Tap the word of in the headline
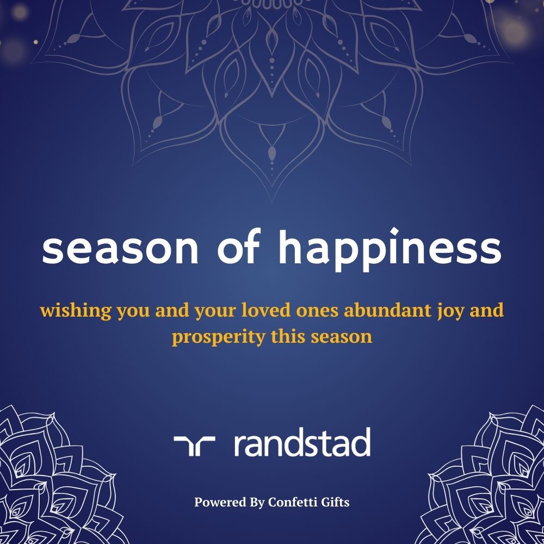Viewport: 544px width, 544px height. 239,246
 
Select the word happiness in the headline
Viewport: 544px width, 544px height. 390,249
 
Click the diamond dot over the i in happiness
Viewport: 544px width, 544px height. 394,232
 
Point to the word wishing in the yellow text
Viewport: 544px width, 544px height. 75,311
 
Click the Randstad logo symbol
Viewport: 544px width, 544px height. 194,446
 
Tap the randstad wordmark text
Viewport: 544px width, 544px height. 302,442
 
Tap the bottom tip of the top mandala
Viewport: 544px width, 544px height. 272,202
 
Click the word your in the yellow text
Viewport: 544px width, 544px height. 215,312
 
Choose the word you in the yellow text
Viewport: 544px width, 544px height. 133,312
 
